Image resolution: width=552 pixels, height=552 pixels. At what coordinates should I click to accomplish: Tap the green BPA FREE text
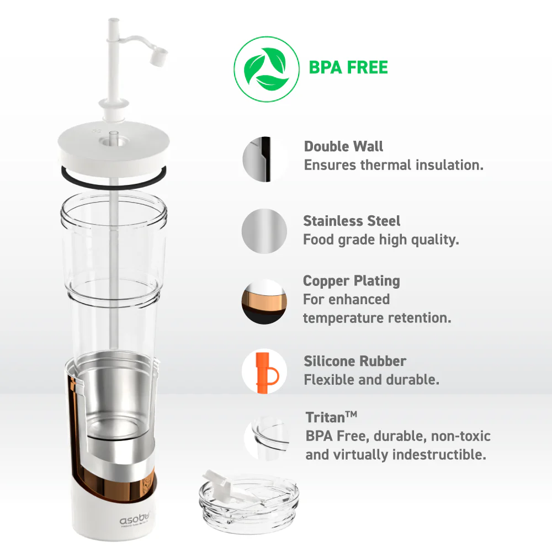pos(348,68)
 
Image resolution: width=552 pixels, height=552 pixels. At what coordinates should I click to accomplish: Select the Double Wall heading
pos(343,146)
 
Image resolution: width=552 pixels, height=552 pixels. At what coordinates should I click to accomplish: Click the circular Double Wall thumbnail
pos(264,159)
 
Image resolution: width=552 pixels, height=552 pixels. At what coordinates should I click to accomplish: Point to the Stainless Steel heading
pos(352,221)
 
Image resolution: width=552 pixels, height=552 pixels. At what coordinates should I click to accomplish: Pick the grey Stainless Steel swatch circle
pos(264,231)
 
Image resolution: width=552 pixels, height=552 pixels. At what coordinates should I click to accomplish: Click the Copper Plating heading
pos(351,280)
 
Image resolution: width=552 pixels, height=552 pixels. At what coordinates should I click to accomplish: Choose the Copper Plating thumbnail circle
pos(264,301)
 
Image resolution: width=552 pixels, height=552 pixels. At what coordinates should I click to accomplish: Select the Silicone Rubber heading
pos(355,361)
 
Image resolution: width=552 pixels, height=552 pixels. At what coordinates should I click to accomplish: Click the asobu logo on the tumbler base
pos(135,519)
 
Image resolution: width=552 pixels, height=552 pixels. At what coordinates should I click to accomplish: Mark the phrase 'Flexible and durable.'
pos(371,380)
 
